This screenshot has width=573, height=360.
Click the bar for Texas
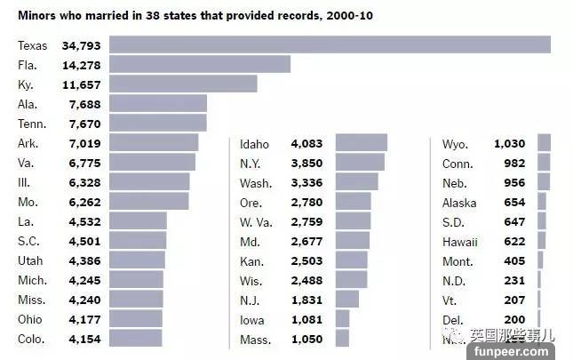[x=330, y=44]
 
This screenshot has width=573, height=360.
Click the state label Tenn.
[x=32, y=123]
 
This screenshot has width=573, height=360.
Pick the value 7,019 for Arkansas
[x=86, y=142]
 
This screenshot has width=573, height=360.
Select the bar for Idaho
[x=361, y=143]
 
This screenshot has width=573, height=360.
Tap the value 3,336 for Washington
[x=308, y=182]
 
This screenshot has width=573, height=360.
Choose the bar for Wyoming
[x=544, y=143]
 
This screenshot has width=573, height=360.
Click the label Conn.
[x=457, y=163]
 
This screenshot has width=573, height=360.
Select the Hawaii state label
[x=459, y=241]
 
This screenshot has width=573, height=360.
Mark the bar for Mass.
[x=342, y=339]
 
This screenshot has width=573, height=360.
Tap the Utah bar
[x=137, y=260]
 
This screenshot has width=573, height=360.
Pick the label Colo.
[x=32, y=339]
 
